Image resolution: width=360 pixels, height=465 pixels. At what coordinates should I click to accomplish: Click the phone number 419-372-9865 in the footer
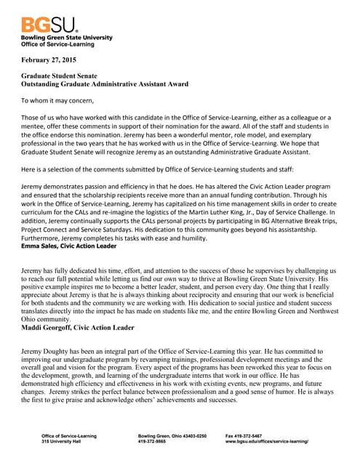pos(158,442)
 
